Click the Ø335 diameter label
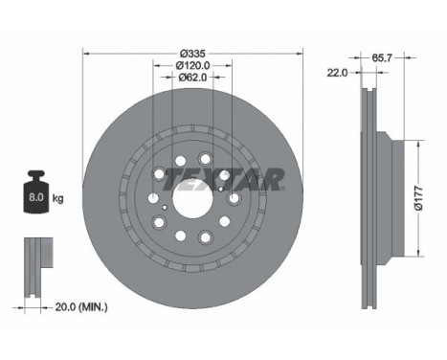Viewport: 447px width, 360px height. [193, 54]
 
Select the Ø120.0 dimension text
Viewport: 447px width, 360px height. [192, 66]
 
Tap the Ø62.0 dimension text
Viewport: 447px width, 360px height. [192, 78]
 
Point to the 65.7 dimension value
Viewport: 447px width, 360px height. [382, 57]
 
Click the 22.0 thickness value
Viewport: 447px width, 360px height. [337, 73]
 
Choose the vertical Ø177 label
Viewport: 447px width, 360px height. [419, 198]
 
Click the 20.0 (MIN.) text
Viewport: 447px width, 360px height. [81, 307]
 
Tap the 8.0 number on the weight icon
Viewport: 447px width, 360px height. [36, 197]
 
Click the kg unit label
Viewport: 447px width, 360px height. [57, 199]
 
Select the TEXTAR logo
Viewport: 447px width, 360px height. [224, 179]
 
